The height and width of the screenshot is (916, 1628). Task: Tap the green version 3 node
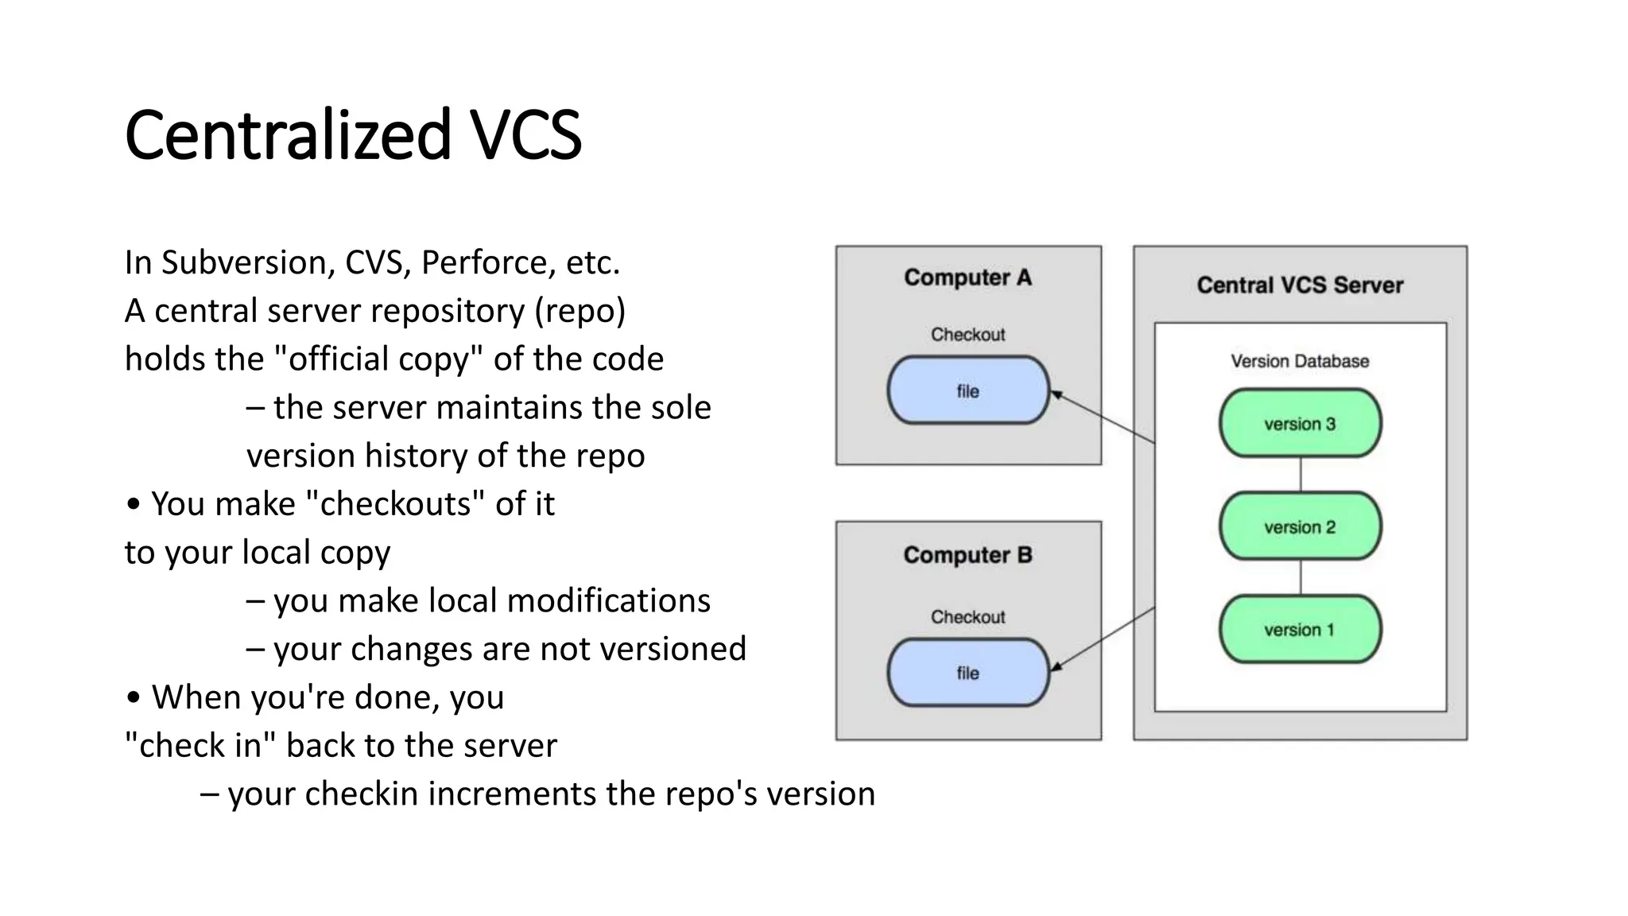pyautogui.click(x=1300, y=423)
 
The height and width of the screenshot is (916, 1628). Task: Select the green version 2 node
pyautogui.click(x=1300, y=526)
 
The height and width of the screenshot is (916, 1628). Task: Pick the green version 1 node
pyautogui.click(x=1300, y=629)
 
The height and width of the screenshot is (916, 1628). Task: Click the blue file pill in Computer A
pyautogui.click(x=967, y=390)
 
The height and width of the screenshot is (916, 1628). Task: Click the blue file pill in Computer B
pyautogui.click(x=967, y=673)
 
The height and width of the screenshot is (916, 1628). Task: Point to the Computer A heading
pyautogui.click(x=967, y=278)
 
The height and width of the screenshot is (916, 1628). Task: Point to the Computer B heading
pyautogui.click(x=967, y=555)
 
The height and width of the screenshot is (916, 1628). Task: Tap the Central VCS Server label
pyautogui.click(x=1300, y=285)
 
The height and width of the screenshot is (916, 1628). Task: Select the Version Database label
pyautogui.click(x=1300, y=361)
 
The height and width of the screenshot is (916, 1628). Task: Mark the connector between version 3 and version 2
pyautogui.click(x=1300, y=475)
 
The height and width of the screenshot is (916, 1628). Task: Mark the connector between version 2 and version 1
pyautogui.click(x=1300, y=577)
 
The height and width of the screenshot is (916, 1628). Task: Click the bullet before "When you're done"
pyautogui.click(x=134, y=697)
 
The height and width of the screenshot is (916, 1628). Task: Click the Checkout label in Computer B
pyautogui.click(x=967, y=617)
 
